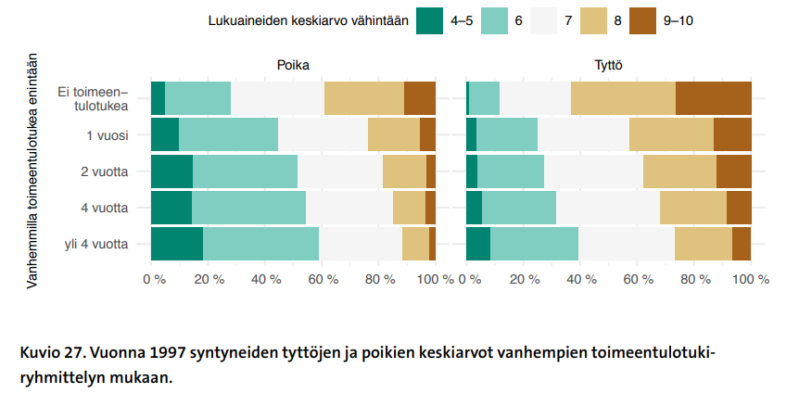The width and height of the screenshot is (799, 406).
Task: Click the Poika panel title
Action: pyautogui.click(x=293, y=65)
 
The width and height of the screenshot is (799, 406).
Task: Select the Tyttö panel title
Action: pyautogui.click(x=608, y=65)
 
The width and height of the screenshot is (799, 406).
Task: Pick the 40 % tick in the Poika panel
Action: pyautogui.click(x=265, y=279)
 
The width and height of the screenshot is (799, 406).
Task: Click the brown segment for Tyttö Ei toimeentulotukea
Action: pyautogui.click(x=713, y=98)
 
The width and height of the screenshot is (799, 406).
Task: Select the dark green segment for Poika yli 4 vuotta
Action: pyautogui.click(x=176, y=245)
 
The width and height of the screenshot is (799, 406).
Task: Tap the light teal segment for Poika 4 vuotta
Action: pyautogui.click(x=248, y=208)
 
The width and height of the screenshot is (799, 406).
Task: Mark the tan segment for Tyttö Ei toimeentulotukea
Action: pyautogui.click(x=623, y=98)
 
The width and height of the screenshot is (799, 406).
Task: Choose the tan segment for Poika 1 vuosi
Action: pyautogui.click(x=393, y=135)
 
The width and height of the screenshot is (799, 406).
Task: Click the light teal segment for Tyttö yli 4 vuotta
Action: pyautogui.click(x=534, y=245)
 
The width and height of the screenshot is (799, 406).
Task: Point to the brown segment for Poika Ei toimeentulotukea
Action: pyautogui.click(x=419, y=98)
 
